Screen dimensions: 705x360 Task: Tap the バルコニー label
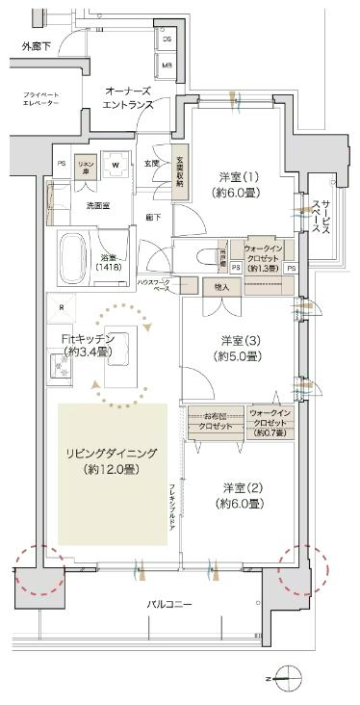169,604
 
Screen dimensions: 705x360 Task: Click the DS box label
167,39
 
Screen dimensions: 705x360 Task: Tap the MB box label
167,65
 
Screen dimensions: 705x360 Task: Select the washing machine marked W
116,165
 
